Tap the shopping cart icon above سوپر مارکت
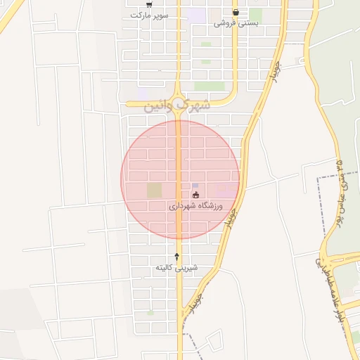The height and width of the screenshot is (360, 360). (148, 4)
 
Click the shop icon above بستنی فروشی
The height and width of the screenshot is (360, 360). (235, 12)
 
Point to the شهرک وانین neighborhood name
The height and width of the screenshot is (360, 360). (176, 105)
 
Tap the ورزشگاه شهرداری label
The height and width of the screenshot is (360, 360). (195, 206)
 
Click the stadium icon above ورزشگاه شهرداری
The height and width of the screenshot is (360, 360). (195, 195)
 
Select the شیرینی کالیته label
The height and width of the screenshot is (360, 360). (176, 268)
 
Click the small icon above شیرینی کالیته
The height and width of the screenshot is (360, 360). (176, 257)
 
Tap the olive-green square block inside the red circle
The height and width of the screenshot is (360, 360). (154, 190)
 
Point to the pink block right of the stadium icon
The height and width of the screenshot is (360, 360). (226, 190)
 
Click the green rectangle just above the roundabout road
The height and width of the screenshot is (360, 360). (209, 86)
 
